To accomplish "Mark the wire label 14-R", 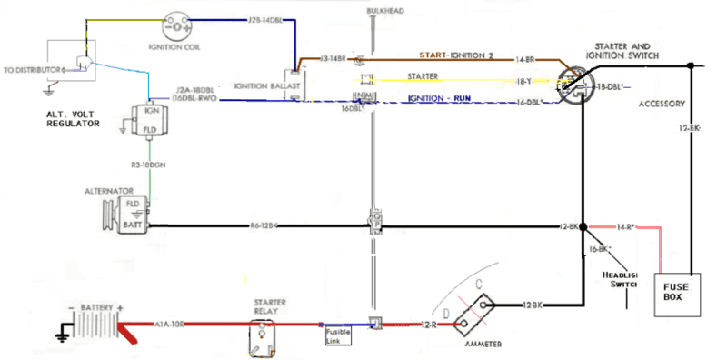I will [625, 225].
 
